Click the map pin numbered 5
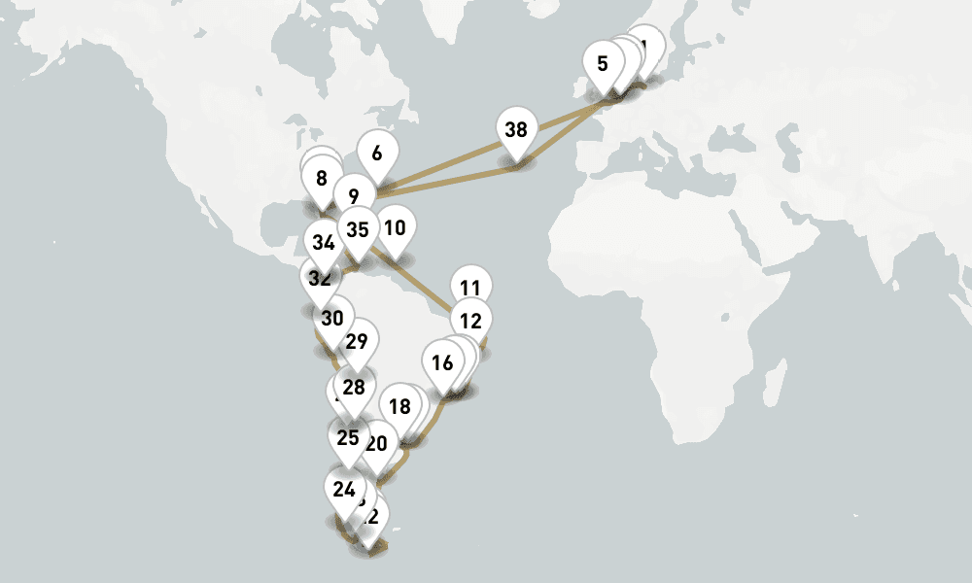point(603,65)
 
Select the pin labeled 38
point(516,129)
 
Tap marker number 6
point(377,153)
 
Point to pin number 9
point(353,195)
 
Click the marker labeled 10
point(395,228)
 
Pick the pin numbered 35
point(358,229)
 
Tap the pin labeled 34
point(324,242)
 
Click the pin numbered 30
point(332,318)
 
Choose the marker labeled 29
point(357,341)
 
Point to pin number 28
point(354,387)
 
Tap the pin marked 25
point(348,437)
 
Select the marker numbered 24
point(343,489)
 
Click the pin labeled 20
point(377,443)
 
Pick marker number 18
point(399,406)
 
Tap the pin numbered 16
point(442,363)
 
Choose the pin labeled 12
point(470,320)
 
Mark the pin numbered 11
point(470,288)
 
